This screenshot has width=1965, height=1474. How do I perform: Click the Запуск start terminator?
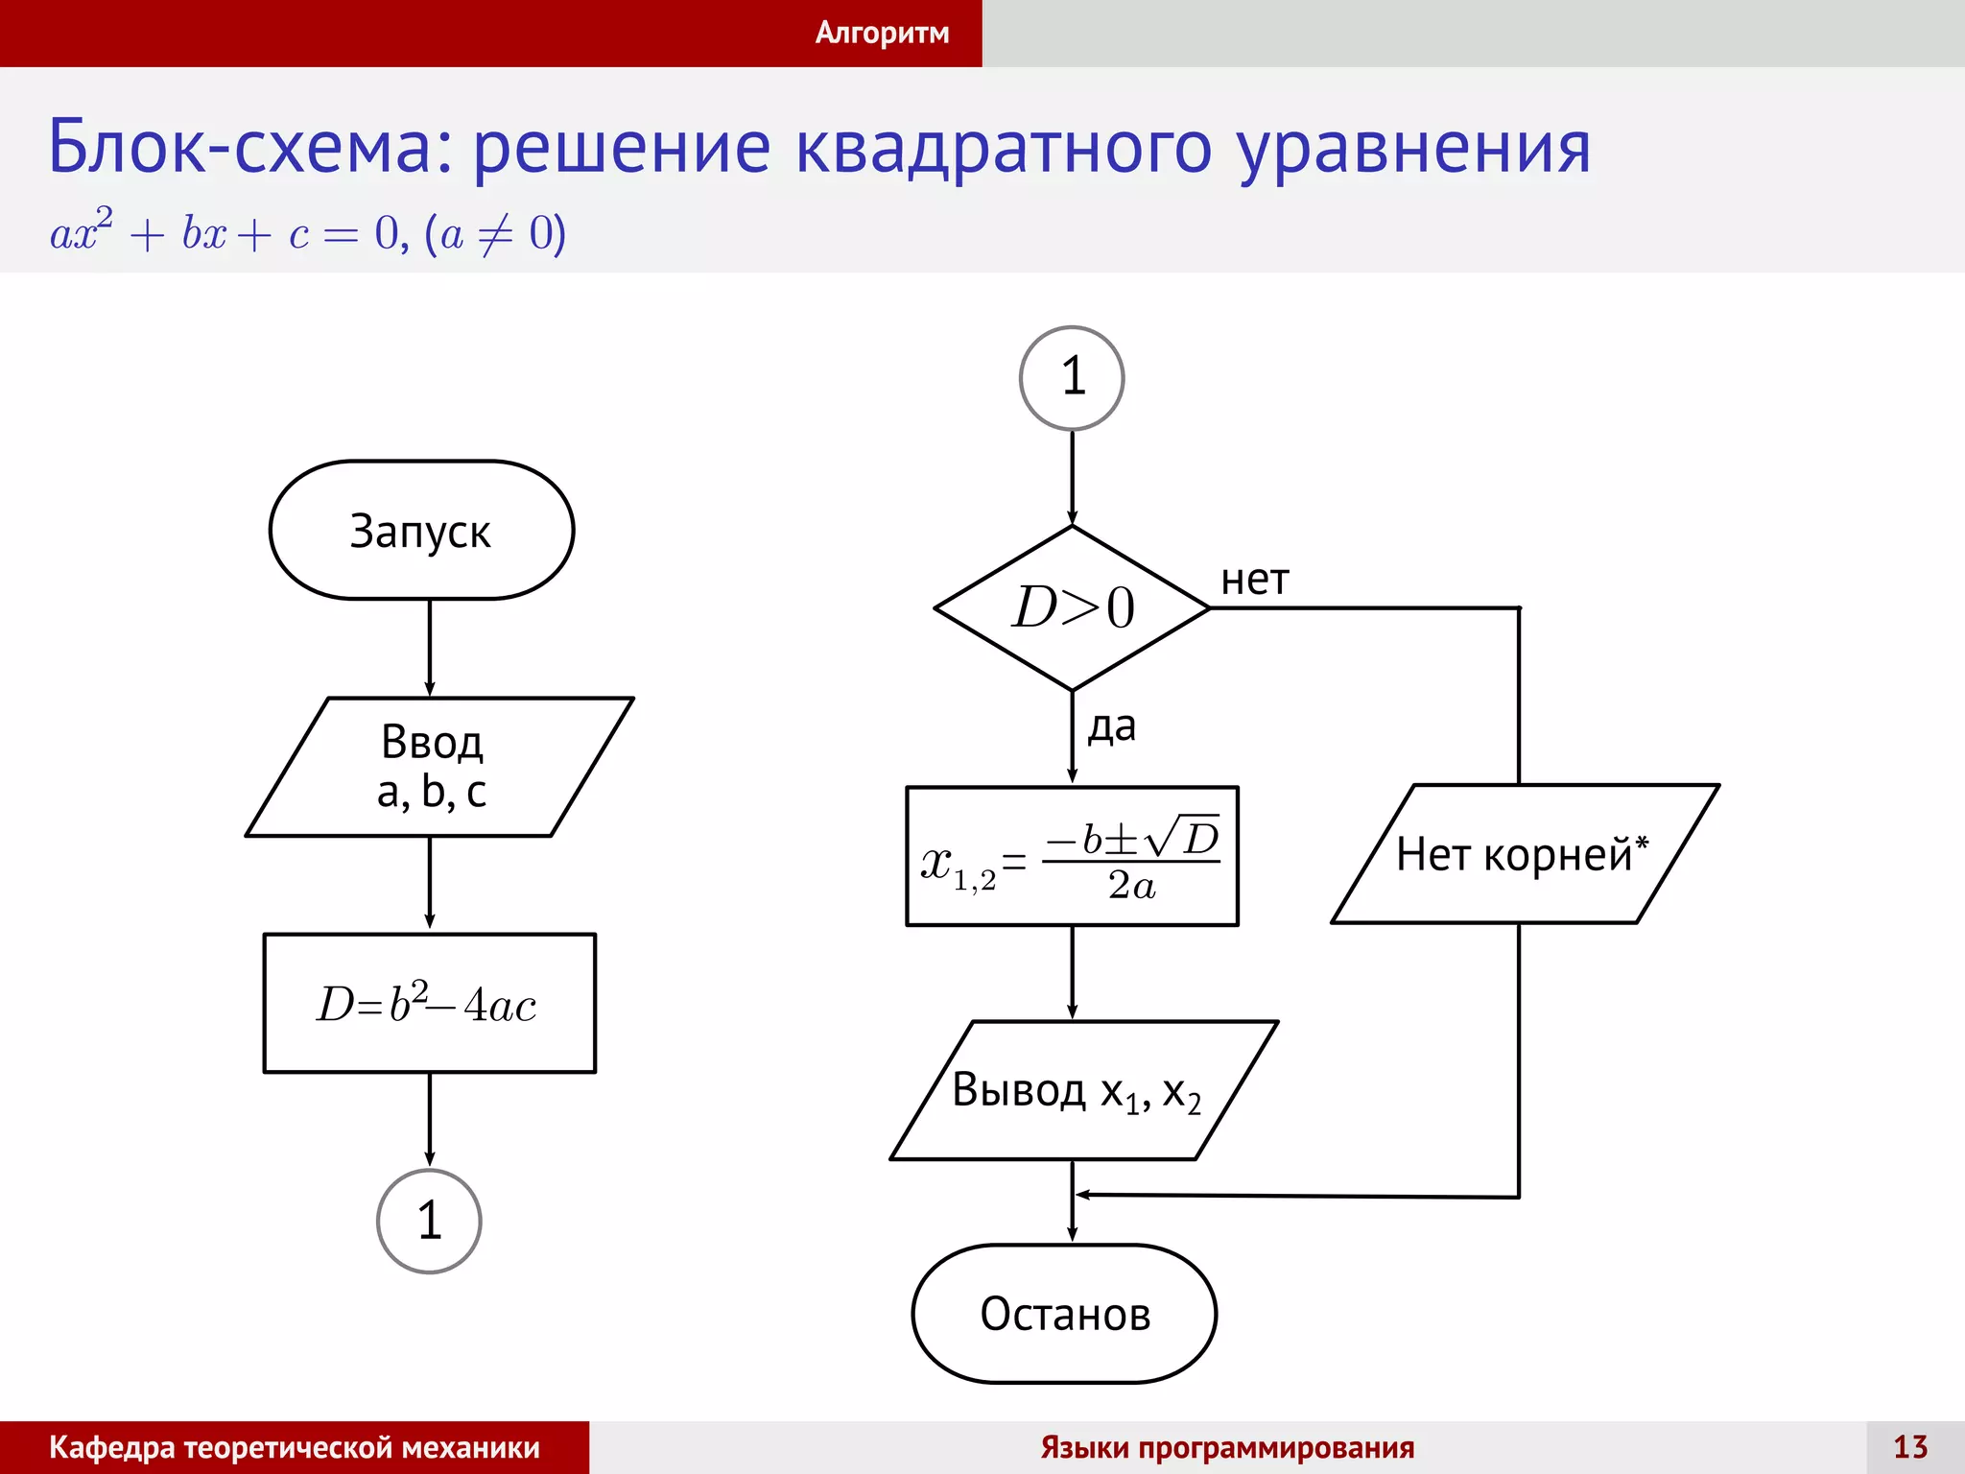click(x=421, y=531)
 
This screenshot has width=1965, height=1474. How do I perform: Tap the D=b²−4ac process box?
click(x=429, y=1004)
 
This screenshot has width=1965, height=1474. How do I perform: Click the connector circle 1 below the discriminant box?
click(x=429, y=1221)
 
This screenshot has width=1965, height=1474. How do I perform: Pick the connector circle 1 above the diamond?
click(x=1072, y=377)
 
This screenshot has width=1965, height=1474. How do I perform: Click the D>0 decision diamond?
click(x=1072, y=607)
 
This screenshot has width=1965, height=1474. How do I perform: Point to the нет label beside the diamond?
click(x=1254, y=581)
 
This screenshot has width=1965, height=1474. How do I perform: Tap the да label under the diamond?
click(x=1111, y=726)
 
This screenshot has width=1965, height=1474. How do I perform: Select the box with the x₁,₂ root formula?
click(x=1072, y=856)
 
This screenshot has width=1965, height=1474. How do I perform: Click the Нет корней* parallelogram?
click(x=1524, y=854)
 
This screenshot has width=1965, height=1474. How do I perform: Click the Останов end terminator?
click(x=1064, y=1314)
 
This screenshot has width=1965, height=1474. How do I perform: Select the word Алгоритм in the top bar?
click(x=882, y=33)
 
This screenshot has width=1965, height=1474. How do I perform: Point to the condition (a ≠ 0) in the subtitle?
click(x=495, y=233)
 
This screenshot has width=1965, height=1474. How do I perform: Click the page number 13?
click(x=1909, y=1447)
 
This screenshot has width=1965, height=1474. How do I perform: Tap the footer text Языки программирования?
click(x=1227, y=1447)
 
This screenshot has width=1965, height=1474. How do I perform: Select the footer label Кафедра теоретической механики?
click(x=294, y=1447)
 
